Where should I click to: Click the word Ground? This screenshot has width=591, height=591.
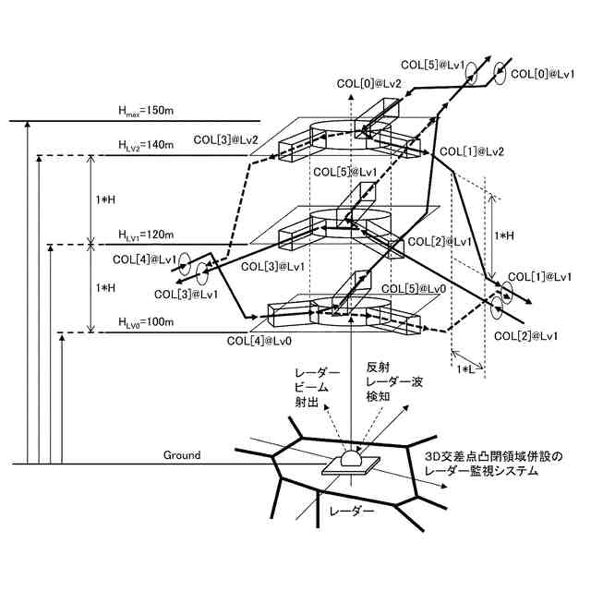[x=182, y=456]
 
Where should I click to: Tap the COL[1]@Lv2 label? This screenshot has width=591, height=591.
[x=471, y=151]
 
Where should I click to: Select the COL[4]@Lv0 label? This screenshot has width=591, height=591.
[x=259, y=341]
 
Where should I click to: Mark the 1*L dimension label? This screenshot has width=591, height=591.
[x=469, y=368]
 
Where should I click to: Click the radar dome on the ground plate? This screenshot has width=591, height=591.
[x=352, y=458]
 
